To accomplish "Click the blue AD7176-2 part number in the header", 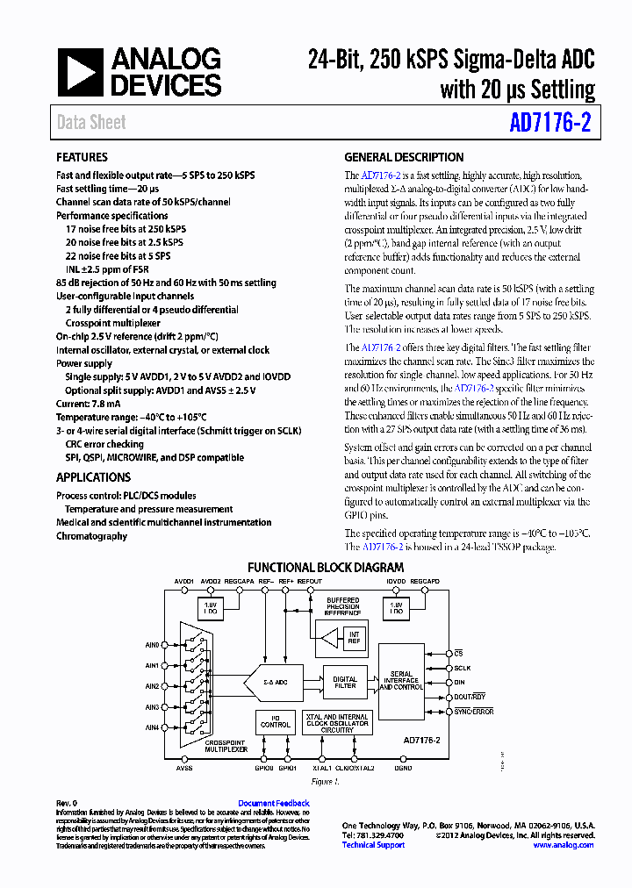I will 549,123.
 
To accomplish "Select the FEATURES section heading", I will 83,158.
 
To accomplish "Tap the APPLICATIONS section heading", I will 93,477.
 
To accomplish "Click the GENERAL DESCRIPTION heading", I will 404,158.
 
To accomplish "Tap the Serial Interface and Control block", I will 400,681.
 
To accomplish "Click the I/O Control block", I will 275,721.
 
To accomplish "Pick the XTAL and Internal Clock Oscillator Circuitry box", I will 336,722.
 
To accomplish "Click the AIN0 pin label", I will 153,645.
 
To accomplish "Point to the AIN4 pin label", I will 153,727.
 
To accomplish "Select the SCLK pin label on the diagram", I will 462,668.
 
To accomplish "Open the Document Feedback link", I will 274,804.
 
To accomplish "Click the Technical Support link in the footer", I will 373,845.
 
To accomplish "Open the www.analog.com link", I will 564,845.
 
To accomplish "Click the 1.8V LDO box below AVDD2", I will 211,607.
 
